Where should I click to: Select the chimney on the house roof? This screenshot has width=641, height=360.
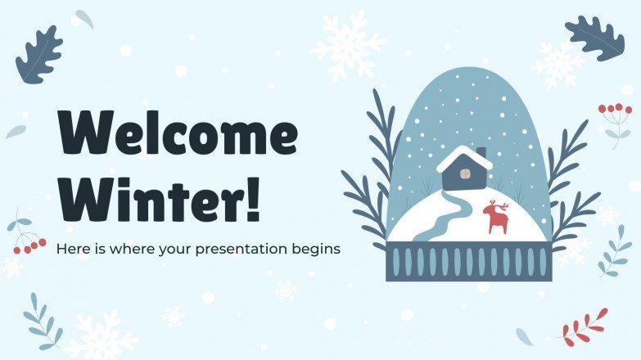coord(481,153)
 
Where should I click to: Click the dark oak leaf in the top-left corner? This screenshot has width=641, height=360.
coord(38,54)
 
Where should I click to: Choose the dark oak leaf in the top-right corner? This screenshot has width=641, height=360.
coord(594,38)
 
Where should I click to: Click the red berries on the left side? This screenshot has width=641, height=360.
coord(30,244)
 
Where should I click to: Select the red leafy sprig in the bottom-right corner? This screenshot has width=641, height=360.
coord(584,326)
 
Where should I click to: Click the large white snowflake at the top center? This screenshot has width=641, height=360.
coord(348,44)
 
